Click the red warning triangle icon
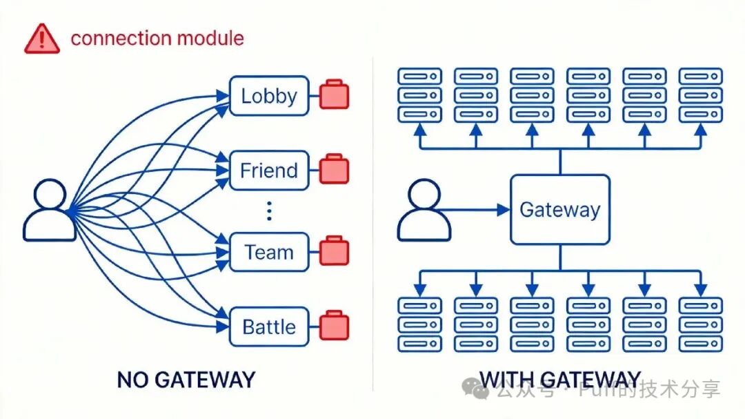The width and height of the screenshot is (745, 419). coord(42,39)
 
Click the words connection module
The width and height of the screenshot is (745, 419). coord(157,38)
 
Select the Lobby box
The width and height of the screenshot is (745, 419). coord(268,95)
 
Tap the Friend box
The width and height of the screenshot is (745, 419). coord(268,170)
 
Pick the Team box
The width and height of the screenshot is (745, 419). coord(268,252)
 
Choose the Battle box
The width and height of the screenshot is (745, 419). coord(268,327)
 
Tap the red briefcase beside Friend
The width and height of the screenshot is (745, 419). coord(335,169)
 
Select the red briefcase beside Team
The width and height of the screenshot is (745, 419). coord(335,251)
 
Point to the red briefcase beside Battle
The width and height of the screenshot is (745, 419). coord(335,326)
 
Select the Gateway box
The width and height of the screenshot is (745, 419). coord(559,209)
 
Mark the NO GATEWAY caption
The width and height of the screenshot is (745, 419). coord(186,379)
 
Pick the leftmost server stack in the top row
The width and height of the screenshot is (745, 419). coord(419,95)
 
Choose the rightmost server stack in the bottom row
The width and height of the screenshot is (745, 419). coord(700,324)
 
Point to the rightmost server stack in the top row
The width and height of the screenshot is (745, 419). coord(700,95)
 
